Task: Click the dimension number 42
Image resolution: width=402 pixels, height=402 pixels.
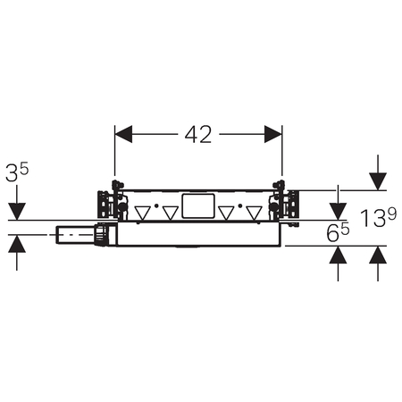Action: [198, 135]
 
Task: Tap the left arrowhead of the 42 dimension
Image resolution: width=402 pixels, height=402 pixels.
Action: [123, 134]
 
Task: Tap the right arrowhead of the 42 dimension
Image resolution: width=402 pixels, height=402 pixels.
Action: [273, 134]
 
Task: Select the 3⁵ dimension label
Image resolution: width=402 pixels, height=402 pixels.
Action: [17, 172]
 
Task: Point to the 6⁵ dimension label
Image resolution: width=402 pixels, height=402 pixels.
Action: [338, 231]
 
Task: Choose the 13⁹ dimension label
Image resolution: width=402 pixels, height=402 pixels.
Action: [378, 218]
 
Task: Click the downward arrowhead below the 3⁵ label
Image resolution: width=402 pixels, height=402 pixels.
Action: [17, 212]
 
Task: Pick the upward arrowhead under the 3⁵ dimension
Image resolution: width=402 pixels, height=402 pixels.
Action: [17, 244]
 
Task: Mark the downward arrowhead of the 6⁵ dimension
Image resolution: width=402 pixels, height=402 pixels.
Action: [338, 212]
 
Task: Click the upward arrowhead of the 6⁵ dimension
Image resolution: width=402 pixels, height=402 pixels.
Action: [338, 255]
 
